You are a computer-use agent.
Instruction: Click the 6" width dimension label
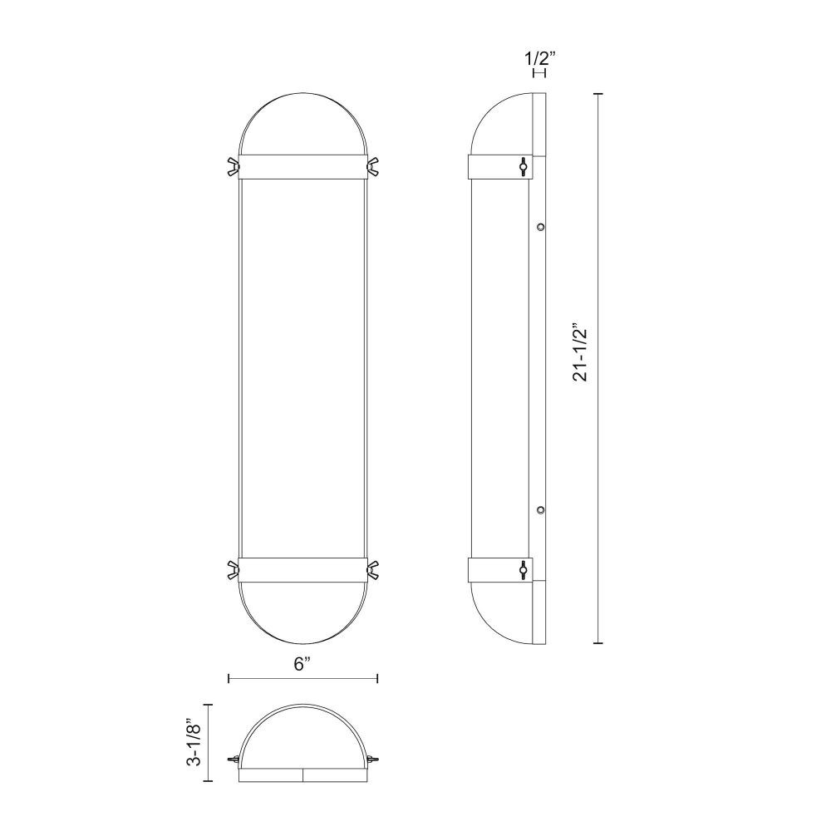tap(302, 664)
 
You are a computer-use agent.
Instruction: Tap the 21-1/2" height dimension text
tap(580, 354)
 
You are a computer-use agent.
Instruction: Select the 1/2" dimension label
tap(540, 58)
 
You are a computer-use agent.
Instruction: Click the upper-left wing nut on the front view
tap(233, 166)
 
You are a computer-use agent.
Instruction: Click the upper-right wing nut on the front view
tap(372, 166)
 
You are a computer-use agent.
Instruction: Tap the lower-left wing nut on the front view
tap(233, 569)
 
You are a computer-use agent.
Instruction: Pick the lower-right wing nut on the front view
tap(372, 569)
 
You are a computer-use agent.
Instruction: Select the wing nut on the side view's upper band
tap(523, 166)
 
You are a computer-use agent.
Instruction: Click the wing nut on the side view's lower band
tap(523, 569)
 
